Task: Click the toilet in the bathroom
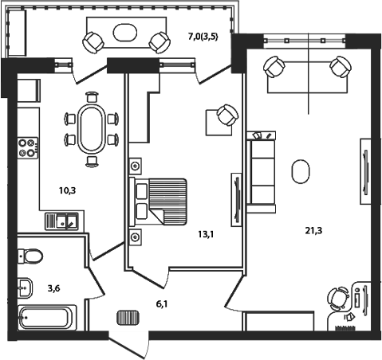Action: pos(32,255)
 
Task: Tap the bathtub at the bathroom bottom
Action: pos(47,317)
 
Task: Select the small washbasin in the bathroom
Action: pos(23,285)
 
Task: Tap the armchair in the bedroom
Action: pos(226,116)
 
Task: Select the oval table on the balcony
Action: pos(128,33)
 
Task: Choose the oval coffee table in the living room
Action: pos(301,170)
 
